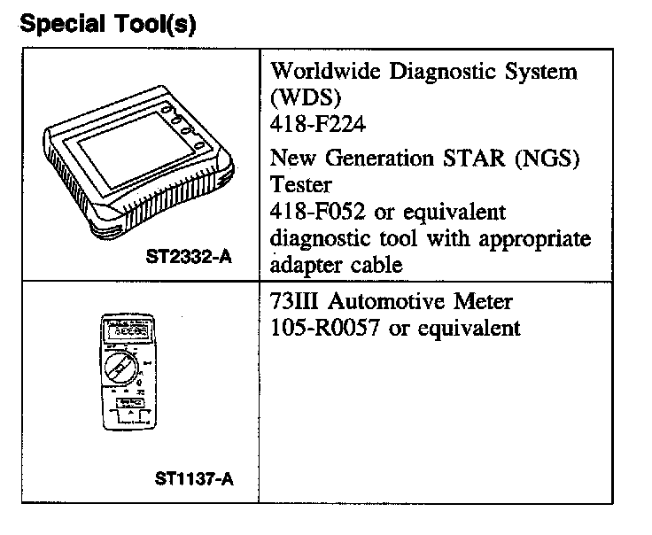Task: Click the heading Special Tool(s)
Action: (x=107, y=24)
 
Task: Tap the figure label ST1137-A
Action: (x=195, y=480)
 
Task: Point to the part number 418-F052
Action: (x=317, y=213)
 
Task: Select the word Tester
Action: (x=301, y=185)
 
